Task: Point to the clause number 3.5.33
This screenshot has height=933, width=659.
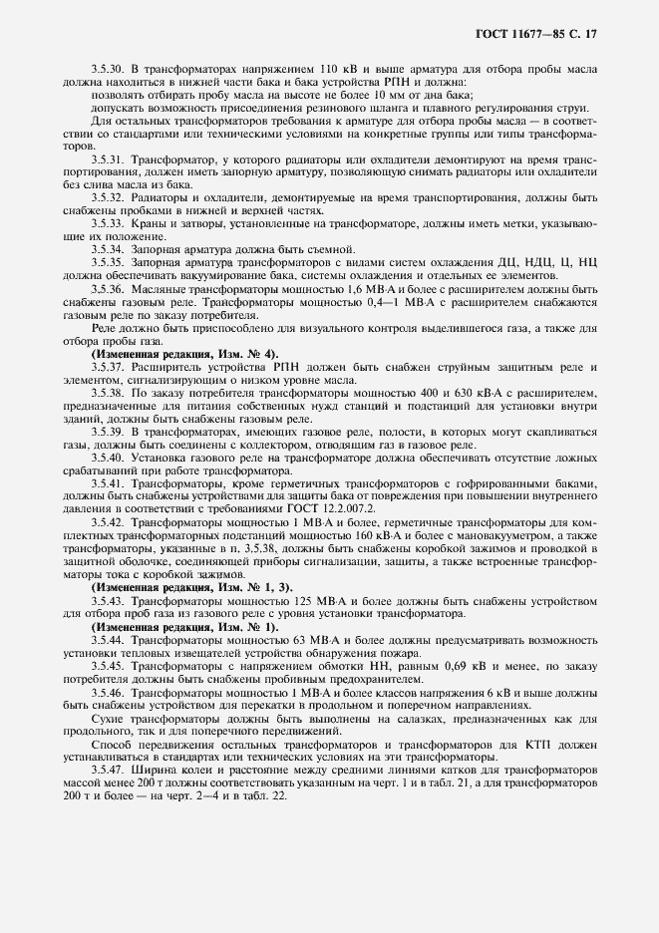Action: [x=107, y=226]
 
